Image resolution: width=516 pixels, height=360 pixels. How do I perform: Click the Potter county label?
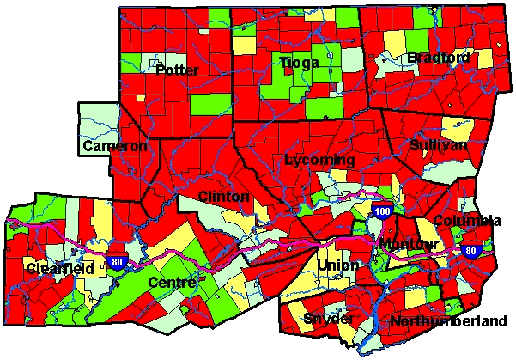[178, 69]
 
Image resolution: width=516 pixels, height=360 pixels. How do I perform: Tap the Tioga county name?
[299, 63]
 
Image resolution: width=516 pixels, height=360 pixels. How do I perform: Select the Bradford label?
[439, 58]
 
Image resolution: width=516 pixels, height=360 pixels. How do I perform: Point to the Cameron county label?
[115, 147]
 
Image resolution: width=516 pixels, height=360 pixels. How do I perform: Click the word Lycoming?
[319, 161]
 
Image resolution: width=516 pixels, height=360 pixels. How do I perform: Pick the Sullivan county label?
[439, 144]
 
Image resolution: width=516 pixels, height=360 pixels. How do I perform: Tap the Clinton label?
[223, 197]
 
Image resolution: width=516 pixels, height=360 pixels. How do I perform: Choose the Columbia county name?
[467, 221]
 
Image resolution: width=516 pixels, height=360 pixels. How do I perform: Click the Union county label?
[337, 265]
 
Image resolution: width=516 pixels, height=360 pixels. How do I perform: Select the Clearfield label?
[59, 269]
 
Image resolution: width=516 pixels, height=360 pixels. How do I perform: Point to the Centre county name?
[172, 282]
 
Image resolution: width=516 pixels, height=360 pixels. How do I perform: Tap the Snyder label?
[327, 319]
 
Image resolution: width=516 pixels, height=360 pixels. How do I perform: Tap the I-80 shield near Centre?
[117, 262]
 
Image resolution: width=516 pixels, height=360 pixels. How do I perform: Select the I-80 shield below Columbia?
[470, 251]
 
